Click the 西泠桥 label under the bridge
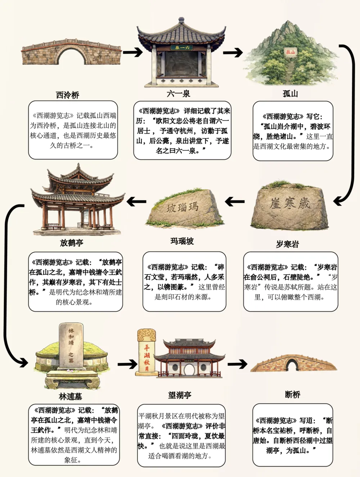[x=67, y=95]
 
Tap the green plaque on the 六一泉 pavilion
[x=181, y=48]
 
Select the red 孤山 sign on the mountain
[x=291, y=52]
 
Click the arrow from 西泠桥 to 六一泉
[x=132, y=52]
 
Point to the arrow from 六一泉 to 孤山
[x=233, y=53]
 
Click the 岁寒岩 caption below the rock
[x=287, y=244]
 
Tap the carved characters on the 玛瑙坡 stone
[x=183, y=207]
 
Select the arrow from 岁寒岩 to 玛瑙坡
[x=235, y=202]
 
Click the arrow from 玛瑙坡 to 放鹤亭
[x=136, y=202]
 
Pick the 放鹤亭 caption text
[x=72, y=243]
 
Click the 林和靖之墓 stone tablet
[x=71, y=345]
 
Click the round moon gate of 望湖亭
[x=189, y=369]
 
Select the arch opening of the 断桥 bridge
[x=292, y=365]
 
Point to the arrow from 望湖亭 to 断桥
[x=237, y=364]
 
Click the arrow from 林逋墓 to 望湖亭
[x=127, y=364]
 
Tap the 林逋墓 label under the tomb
[x=71, y=397]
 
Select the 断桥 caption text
[x=292, y=395]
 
